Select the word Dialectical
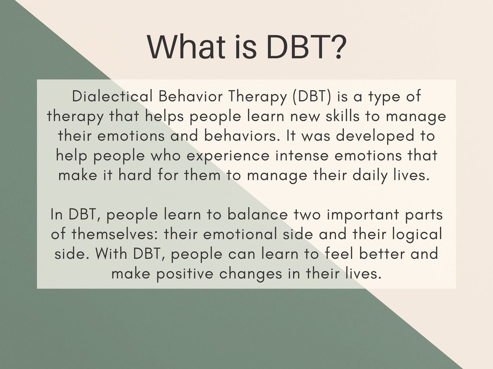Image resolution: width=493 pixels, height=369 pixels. pyautogui.click(x=112, y=97)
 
